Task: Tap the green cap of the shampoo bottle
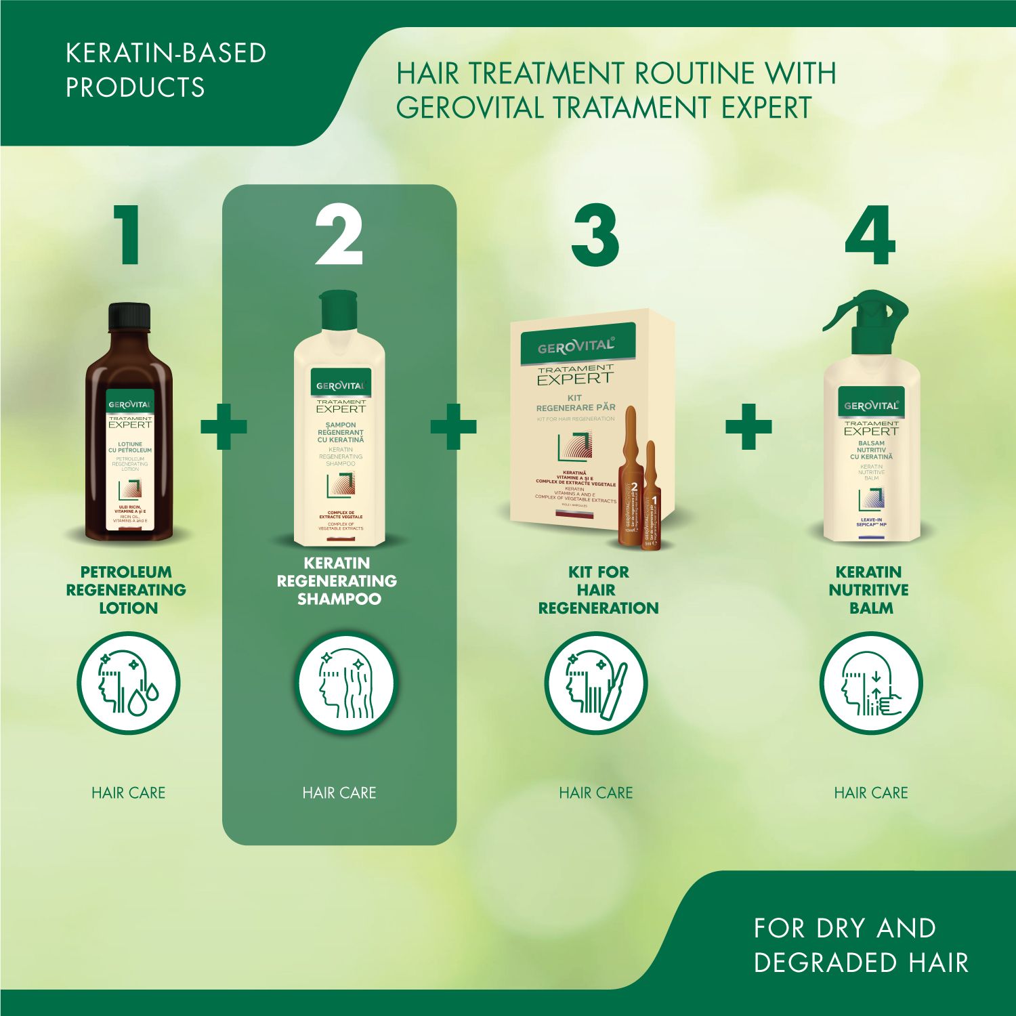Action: (x=338, y=309)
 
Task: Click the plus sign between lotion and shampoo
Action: (x=224, y=426)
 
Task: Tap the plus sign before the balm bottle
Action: (x=748, y=426)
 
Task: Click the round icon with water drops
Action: (x=129, y=683)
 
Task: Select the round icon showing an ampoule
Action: (x=596, y=683)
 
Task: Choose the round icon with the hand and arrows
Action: (x=871, y=683)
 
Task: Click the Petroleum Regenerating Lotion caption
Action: (x=127, y=589)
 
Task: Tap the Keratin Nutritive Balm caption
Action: (x=870, y=589)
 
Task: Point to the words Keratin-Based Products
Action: (x=165, y=70)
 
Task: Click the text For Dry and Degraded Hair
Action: (x=860, y=945)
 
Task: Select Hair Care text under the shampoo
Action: (x=339, y=792)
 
